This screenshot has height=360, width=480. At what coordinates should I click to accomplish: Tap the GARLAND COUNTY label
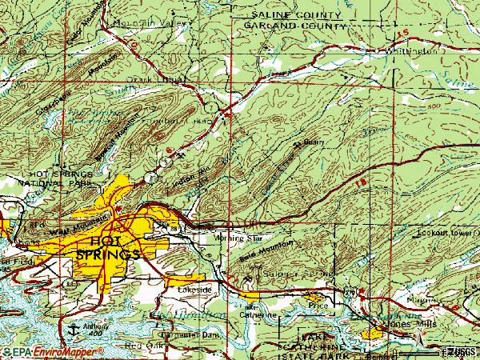287,24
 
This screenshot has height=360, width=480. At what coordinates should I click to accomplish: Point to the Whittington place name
410,50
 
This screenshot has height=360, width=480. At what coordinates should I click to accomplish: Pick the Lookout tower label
442,234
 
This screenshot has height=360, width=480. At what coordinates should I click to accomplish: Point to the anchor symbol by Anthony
74,327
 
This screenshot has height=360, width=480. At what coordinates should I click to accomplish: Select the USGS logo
463,350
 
